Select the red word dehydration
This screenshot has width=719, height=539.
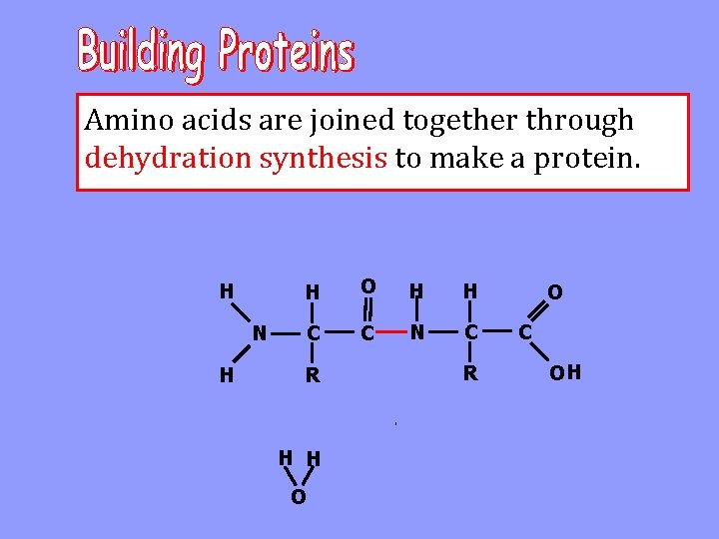point(169,158)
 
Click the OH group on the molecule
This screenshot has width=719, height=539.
point(566,374)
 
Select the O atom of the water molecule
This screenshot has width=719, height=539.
point(298,497)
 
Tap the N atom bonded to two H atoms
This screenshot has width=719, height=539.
point(259,332)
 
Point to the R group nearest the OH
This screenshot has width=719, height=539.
point(469,374)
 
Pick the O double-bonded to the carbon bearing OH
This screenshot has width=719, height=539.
point(554,291)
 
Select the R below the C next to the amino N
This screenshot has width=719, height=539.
point(313,376)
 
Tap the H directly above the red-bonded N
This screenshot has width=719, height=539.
point(417,290)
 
